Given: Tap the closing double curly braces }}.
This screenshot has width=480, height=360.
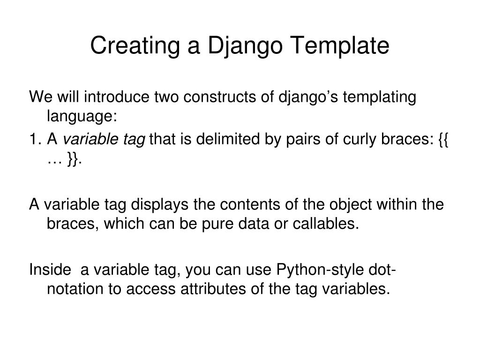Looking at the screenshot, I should [73, 161].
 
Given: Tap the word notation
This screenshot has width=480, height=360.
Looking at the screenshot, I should [75, 289].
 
